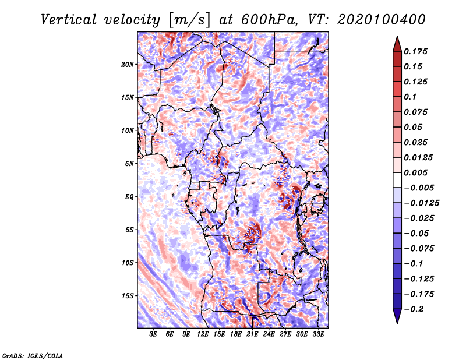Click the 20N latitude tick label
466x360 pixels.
[x=128, y=65]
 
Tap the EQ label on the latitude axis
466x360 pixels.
[x=129, y=197]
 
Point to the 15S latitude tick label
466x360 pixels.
[x=128, y=296]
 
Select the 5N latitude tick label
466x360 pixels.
[x=129, y=164]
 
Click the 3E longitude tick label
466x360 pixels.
[x=153, y=334]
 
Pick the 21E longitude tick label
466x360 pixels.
[x=252, y=334]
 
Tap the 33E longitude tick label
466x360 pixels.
[x=318, y=334]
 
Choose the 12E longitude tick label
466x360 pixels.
[x=202, y=334]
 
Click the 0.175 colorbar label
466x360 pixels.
[x=415, y=51]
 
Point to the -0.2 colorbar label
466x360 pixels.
[x=414, y=309]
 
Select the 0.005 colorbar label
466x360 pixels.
[x=415, y=172]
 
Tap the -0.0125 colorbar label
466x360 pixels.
[x=421, y=203]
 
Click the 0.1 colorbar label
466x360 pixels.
[x=410, y=97]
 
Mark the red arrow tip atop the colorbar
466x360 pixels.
[x=397, y=36]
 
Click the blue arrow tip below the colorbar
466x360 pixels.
[x=397, y=323]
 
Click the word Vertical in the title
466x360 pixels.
[x=69, y=20]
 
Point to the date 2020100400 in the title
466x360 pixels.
[x=382, y=20]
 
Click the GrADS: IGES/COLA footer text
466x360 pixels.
[x=33, y=356]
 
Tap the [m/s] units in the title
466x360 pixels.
[x=189, y=20]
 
